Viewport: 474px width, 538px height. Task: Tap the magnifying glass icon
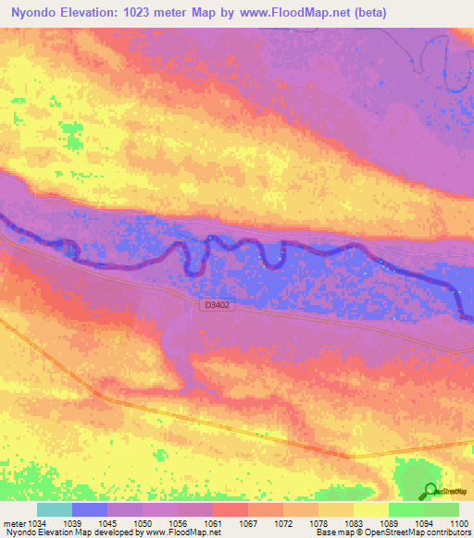(430, 491)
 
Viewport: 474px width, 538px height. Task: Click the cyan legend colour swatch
(55, 508)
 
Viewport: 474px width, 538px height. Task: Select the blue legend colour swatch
(90, 508)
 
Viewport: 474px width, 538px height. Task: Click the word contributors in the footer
(448, 532)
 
